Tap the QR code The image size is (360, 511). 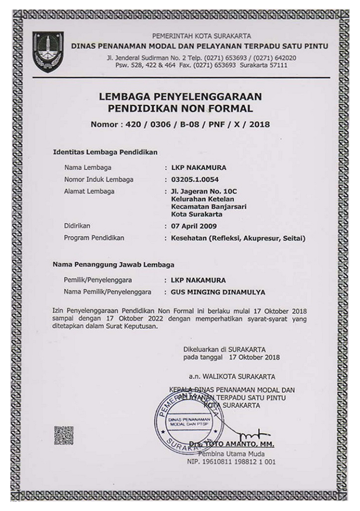(63, 435)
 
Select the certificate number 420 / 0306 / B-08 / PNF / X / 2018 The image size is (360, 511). (180, 124)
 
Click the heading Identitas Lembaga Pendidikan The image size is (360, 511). (105, 152)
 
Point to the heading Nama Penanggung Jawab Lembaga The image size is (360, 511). (114, 265)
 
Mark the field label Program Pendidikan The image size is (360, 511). (95, 238)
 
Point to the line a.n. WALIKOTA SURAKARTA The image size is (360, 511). (232, 377)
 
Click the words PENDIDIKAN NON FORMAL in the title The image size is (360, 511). (180, 108)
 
